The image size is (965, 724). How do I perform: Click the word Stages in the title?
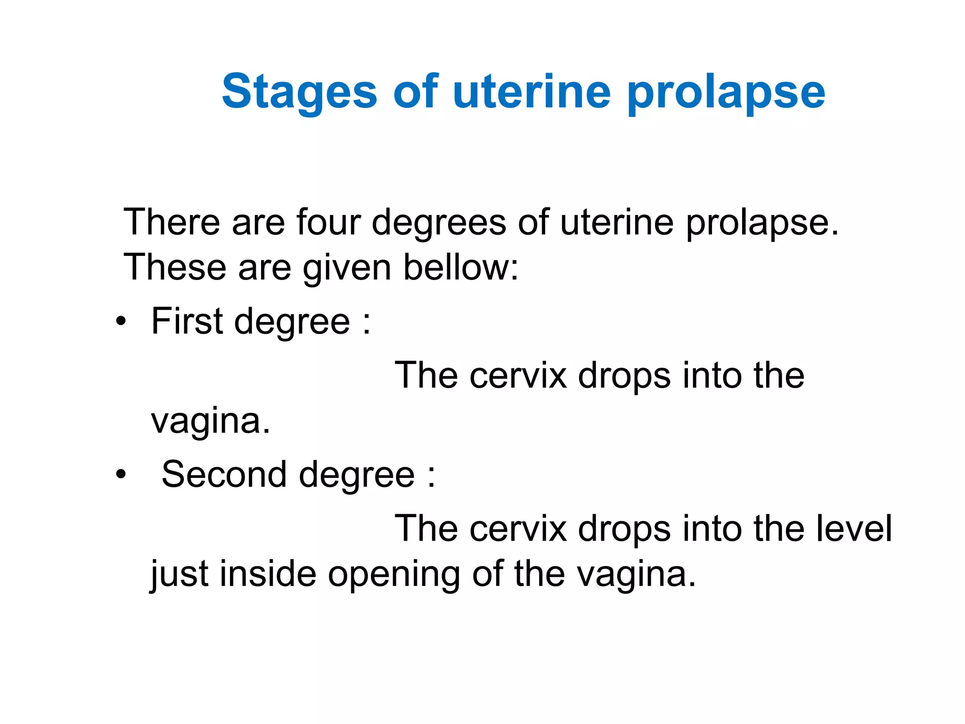[x=300, y=92]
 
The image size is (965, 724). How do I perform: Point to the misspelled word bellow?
[x=461, y=267]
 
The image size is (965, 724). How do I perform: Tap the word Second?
[x=224, y=474]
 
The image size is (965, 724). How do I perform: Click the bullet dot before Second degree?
[x=121, y=475]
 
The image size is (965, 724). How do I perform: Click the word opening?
[x=393, y=575]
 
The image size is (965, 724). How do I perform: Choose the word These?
[x=175, y=267]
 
